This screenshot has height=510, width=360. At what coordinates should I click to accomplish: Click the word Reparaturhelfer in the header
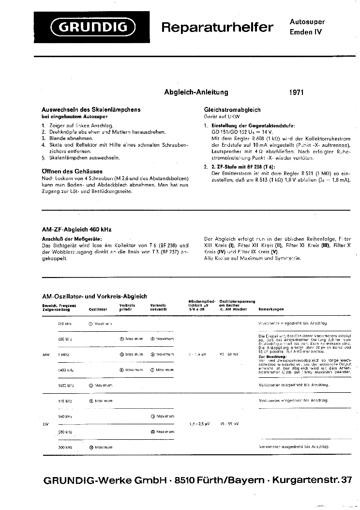pos(217,28)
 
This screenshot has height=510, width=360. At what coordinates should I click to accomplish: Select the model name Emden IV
pos(305,32)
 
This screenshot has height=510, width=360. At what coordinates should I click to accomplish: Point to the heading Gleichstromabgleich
pos(232,110)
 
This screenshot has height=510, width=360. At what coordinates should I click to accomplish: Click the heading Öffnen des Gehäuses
pos(72,171)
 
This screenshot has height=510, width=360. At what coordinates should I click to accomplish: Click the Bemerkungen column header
pos(271,309)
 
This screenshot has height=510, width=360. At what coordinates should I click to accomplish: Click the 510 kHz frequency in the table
pos(65,323)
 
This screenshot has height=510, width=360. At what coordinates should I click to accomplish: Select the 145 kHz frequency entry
pos(65,401)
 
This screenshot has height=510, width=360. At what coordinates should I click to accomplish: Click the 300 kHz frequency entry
pos(65,447)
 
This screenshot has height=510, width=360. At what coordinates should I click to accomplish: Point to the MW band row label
pos(46,355)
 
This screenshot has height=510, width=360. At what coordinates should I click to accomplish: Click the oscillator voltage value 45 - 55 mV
pos(229,424)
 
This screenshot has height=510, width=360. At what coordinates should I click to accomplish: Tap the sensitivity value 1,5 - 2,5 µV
pos(199,424)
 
